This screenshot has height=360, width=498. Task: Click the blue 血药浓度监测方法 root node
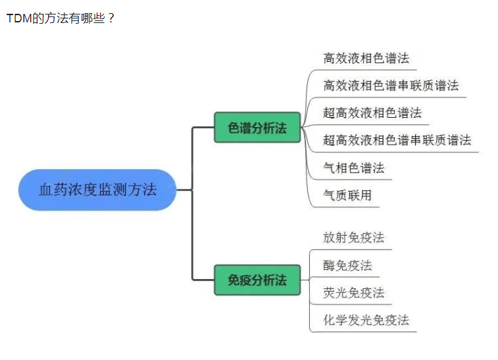pos(97,190)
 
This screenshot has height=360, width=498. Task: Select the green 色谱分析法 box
pos(257,128)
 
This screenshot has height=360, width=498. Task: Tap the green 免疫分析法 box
pos(257,280)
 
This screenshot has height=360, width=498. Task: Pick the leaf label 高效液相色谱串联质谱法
pos(391,86)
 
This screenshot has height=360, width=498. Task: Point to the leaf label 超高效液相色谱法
pos(372,113)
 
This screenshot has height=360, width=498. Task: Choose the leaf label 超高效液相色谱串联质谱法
pos(397,140)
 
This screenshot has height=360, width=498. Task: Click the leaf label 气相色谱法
pos(354,168)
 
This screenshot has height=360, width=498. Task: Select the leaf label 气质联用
pos(347,195)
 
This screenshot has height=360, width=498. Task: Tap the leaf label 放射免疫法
pos(354,238)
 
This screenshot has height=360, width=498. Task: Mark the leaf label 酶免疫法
pos(347,265)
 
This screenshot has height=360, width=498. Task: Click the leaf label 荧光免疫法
pos(354,292)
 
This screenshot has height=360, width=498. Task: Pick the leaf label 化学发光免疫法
pos(366,320)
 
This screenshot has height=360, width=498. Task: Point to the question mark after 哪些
pos(110,18)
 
